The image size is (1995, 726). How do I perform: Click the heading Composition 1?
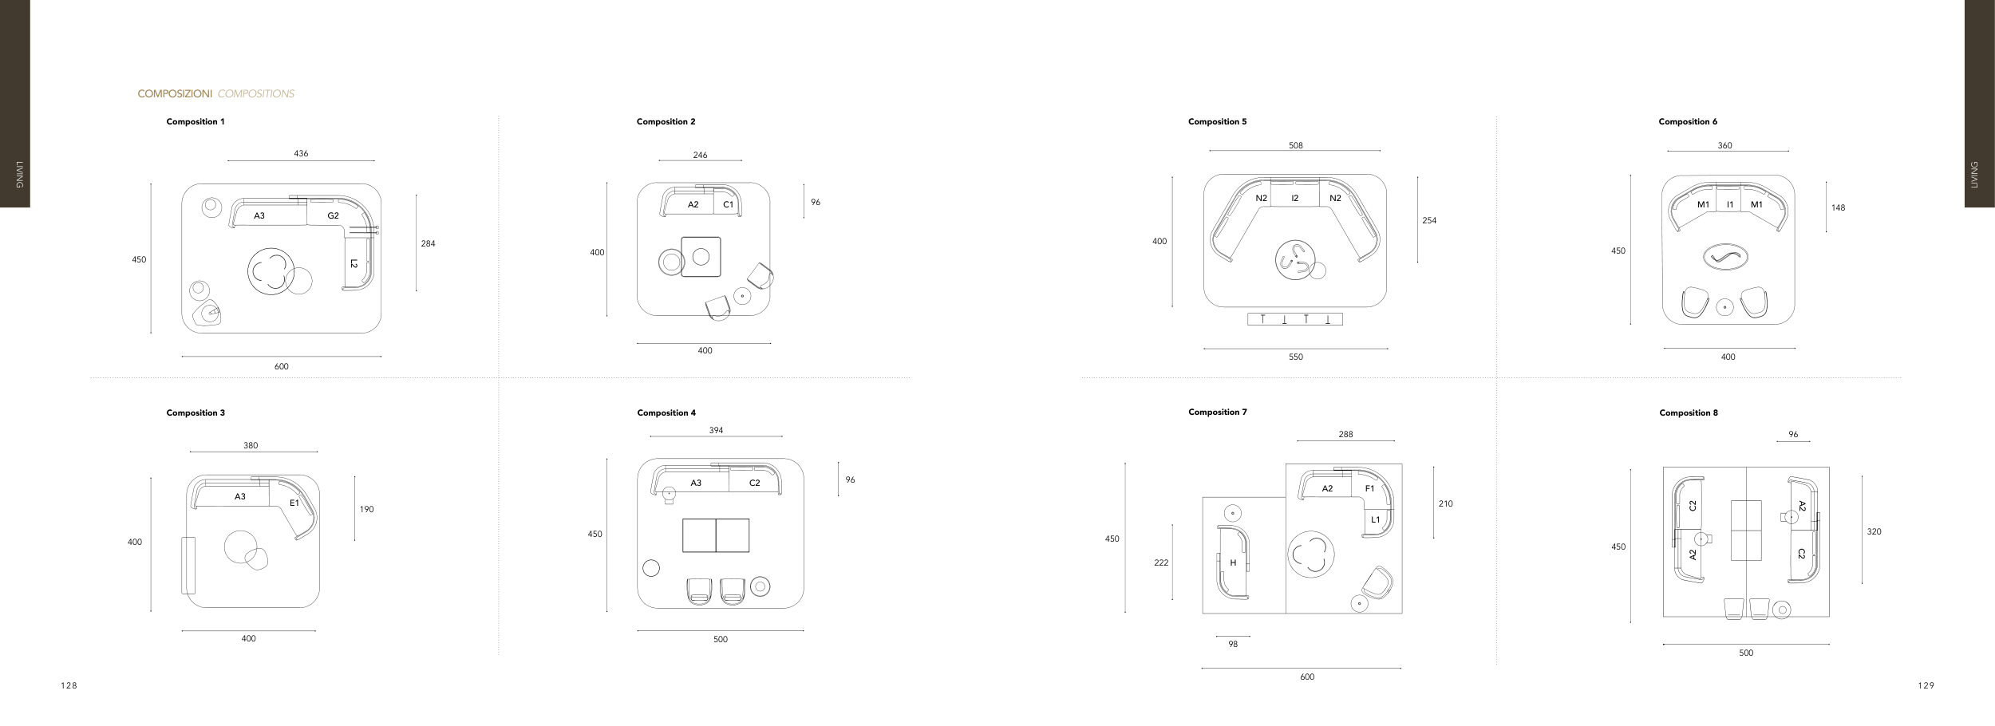[x=196, y=122]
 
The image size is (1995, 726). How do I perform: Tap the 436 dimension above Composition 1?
[x=301, y=154]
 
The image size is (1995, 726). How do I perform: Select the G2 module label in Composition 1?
[x=333, y=216]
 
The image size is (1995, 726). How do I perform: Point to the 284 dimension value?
[x=429, y=244]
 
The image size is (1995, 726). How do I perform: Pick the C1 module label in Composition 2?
[x=729, y=205]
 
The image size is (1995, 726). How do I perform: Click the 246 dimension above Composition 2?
[x=700, y=156]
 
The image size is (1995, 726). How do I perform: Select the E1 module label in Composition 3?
[x=294, y=503]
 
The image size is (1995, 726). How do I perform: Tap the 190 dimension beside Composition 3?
[x=366, y=510]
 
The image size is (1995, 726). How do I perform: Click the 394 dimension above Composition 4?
[x=716, y=431]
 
